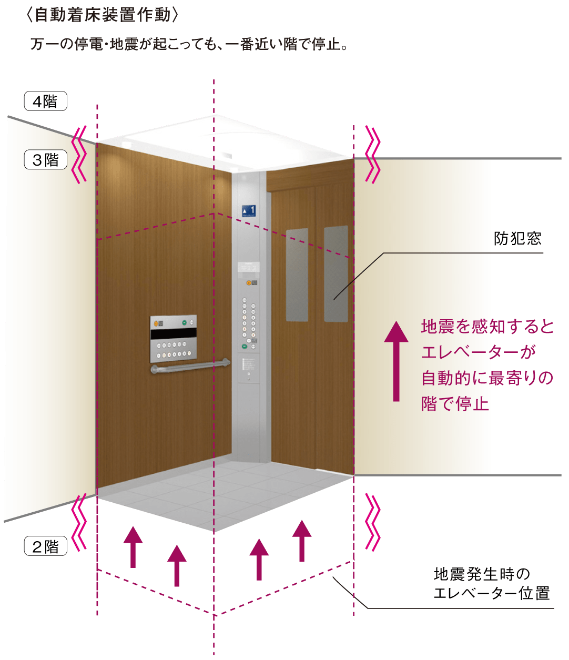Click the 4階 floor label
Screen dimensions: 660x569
(x=45, y=101)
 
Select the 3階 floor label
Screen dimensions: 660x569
(x=45, y=160)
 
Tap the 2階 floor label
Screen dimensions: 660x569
(x=45, y=546)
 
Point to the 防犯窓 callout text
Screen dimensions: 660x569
(x=517, y=239)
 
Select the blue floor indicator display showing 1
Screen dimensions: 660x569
(x=249, y=210)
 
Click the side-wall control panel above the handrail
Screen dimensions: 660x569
(x=173, y=339)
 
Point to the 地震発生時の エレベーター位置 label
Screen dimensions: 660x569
(x=491, y=583)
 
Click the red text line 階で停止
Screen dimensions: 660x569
(x=455, y=404)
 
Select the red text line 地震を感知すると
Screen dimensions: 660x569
(x=487, y=327)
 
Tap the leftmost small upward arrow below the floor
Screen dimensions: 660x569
(x=133, y=546)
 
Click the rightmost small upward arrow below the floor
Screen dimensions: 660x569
(x=302, y=541)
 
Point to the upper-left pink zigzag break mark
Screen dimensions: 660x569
(x=80, y=154)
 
